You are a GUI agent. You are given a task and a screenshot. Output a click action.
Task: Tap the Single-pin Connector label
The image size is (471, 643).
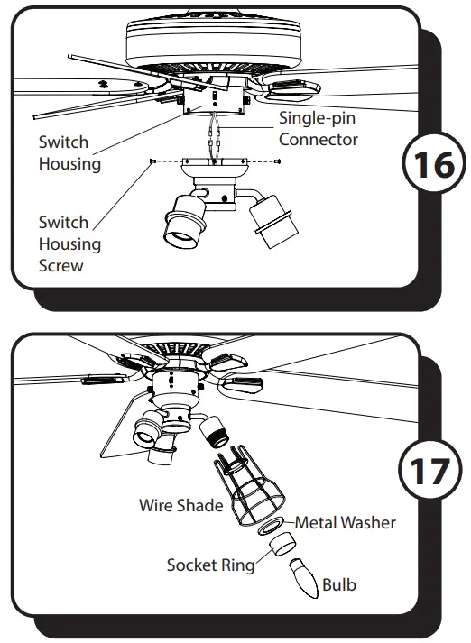tap(318, 129)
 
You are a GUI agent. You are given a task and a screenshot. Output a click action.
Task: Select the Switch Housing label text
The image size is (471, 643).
tap(69, 152)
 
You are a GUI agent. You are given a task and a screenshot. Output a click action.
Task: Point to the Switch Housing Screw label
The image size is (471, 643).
tap(69, 243)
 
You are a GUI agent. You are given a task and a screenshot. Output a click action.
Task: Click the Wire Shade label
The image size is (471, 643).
tap(180, 505)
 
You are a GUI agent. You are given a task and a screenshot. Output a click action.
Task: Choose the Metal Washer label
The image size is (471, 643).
tap(345, 522)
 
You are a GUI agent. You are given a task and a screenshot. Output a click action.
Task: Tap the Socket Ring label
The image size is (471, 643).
tap(209, 565)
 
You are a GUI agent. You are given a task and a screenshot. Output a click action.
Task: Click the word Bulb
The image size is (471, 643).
tap(338, 584)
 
